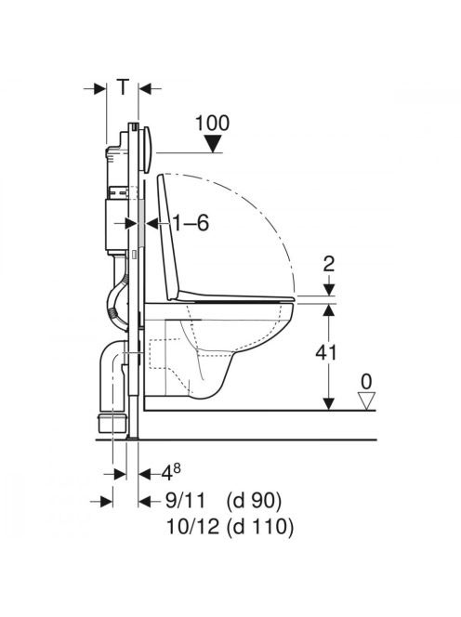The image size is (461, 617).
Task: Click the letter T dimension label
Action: [x=123, y=86]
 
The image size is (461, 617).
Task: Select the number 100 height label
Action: [x=213, y=124]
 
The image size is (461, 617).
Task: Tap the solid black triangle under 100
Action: [x=214, y=144]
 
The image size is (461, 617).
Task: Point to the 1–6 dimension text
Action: [x=191, y=224]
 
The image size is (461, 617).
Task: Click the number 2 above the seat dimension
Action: [x=329, y=264]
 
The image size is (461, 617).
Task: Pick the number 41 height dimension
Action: [x=326, y=352]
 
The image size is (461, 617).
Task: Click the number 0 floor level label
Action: [x=366, y=381]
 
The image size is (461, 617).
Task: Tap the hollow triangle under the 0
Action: [x=365, y=401]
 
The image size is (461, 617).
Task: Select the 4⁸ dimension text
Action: [x=172, y=472]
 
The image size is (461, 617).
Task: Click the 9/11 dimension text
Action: [x=185, y=501]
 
